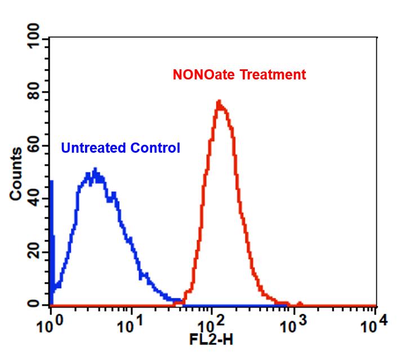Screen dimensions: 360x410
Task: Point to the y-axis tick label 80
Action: [35, 91]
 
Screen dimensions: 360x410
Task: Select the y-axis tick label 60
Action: [35, 145]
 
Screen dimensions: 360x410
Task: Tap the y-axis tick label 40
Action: [35, 198]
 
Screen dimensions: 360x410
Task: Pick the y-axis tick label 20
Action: [35, 252]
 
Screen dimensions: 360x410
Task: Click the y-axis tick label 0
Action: [35, 305]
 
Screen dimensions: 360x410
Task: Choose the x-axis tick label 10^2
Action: [211, 325]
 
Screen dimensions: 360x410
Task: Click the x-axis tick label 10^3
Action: [292, 325]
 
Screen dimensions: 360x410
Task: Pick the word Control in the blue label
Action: [155, 148]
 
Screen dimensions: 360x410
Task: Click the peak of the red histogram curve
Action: [219, 102]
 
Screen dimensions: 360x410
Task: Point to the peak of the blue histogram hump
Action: [95, 170]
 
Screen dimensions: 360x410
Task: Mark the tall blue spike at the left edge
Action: [52, 181]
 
